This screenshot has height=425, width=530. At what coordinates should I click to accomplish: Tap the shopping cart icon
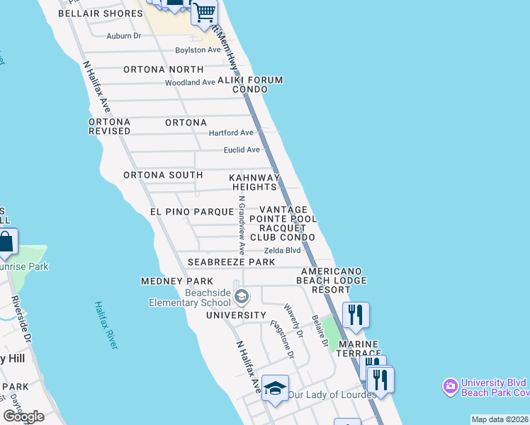click(x=204, y=12)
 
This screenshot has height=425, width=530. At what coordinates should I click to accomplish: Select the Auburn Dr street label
click(x=124, y=35)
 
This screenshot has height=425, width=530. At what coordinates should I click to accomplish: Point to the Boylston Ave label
click(x=199, y=50)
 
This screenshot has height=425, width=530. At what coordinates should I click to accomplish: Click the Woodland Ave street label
click(x=190, y=83)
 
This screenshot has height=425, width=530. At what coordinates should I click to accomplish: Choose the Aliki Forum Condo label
click(x=242, y=84)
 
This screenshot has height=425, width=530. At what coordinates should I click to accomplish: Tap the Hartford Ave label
click(x=230, y=133)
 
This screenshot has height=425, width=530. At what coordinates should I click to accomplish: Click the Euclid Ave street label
click(x=242, y=150)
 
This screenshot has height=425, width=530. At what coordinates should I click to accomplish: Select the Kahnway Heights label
click(x=254, y=182)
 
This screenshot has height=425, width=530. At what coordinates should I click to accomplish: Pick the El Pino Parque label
click(x=191, y=212)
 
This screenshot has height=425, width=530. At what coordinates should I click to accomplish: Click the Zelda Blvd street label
click(x=283, y=251)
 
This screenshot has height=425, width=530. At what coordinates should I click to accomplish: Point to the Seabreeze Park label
click(x=231, y=262)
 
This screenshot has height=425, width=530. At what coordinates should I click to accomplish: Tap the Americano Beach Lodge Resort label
click(x=332, y=280)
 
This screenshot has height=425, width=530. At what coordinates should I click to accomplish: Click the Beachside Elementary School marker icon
click(x=242, y=296)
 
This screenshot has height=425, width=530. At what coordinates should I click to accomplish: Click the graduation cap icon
click(x=275, y=388)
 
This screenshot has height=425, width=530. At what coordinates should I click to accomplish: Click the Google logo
click(x=24, y=416)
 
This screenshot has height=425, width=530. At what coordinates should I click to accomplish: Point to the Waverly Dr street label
click(x=293, y=321)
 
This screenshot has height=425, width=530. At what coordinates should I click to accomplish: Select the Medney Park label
click(x=167, y=282)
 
